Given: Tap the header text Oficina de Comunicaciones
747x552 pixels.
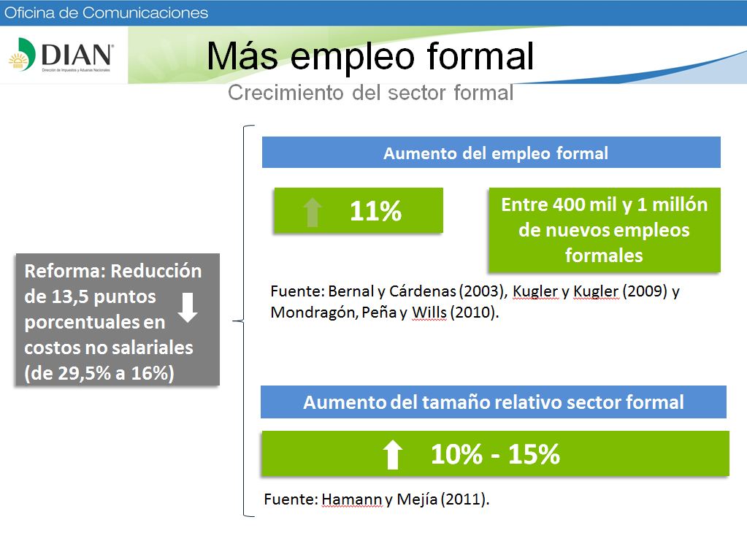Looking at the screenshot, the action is coord(106,12).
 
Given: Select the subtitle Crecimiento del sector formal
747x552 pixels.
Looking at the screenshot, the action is coord(371,93).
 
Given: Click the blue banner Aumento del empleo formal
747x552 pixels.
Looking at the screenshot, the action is coord(491,153).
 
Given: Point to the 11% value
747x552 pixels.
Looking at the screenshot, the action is coord(375,210).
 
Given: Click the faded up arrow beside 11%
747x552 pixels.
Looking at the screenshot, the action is coord(313,212).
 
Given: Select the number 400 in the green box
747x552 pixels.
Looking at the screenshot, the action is coord(569,204).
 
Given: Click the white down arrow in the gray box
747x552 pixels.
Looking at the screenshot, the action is coord(188,307).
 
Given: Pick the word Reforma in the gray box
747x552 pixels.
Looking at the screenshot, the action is coord(65,271).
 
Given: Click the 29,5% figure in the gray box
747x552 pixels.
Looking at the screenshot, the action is coord(84,373).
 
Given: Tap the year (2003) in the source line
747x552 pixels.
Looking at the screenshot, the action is coord(483,291).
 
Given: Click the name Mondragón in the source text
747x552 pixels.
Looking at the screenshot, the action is coord(314,313).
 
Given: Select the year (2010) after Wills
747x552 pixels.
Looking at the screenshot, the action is coord(474,313).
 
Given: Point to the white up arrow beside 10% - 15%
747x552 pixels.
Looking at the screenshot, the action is coord(393,454).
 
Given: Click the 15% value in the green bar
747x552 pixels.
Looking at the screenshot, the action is coord(534,454).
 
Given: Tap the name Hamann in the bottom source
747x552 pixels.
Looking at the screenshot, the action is coord(351,499).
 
